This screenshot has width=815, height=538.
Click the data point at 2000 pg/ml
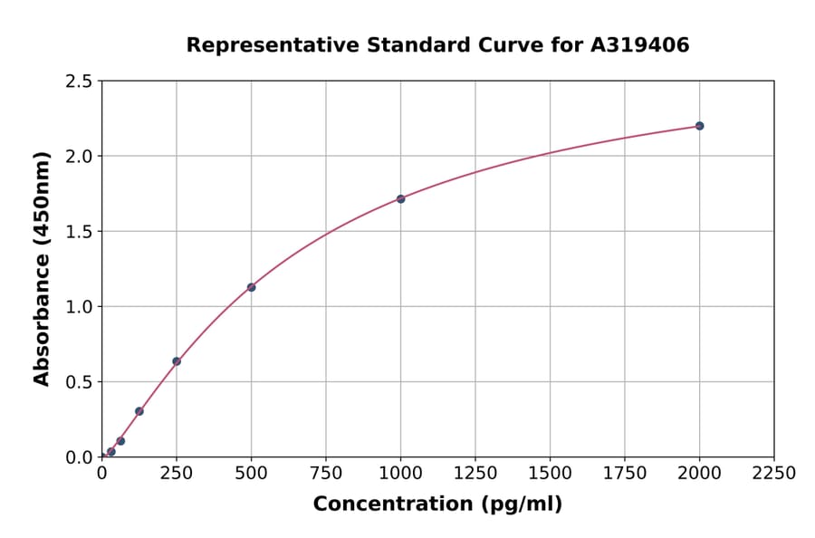click(699, 126)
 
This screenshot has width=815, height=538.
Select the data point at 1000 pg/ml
click(400, 198)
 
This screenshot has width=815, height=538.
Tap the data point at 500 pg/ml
click(251, 287)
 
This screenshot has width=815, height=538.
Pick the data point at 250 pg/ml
click(177, 361)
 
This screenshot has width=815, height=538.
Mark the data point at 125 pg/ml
click(139, 411)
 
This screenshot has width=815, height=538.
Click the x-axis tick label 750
click(326, 474)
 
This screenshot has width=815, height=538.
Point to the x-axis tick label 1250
click(475, 474)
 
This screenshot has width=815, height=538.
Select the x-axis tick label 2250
click(774, 474)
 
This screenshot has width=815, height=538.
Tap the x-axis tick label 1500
click(550, 474)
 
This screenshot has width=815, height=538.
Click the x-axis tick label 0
click(101, 474)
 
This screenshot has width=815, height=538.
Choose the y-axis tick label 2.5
click(79, 82)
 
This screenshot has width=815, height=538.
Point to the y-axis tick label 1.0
click(79, 307)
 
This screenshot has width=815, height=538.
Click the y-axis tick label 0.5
click(79, 382)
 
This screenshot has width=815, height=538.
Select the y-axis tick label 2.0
click(79, 157)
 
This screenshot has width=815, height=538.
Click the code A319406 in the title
click(640, 45)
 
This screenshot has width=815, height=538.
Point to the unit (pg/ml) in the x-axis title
click(521, 504)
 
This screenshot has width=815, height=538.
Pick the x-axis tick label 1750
click(625, 474)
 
